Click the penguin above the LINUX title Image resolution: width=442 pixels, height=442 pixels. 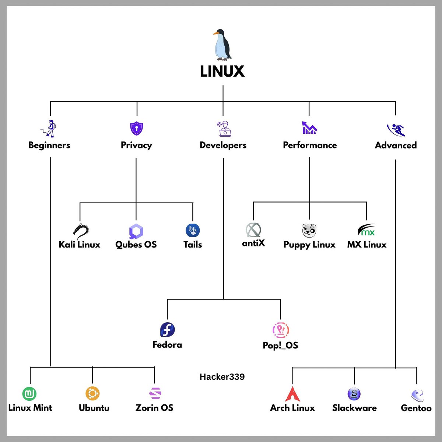pos(222,45)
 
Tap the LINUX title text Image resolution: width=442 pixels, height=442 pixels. pos(222,71)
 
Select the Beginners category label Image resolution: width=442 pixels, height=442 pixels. pos(49,145)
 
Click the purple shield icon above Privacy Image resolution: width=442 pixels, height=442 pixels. pos(137,129)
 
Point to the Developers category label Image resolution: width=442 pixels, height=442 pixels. pos(223,145)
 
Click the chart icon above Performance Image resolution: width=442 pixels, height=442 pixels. pos(309,128)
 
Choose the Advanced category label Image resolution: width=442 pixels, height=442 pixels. pos(396,145)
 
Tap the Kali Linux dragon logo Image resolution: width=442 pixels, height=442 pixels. pos(81,230)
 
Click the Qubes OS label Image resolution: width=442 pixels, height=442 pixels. pos(136,245)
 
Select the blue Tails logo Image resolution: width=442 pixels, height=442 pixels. pos(193,231)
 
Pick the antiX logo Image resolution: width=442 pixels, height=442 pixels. pos(253,230)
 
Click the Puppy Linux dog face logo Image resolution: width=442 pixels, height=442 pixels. pos(309,231)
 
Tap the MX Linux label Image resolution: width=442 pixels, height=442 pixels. pos(366,245)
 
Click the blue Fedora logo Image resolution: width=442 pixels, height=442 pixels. pos(167,330)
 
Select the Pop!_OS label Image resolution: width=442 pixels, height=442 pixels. pos(280,345)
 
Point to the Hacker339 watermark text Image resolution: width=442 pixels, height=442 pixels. pos(222,377)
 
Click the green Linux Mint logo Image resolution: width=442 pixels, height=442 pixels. pos(29,394)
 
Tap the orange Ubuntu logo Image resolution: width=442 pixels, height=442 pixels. pos(92,393)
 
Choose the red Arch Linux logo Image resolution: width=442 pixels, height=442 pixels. pos(292,394)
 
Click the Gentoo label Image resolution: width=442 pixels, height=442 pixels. pos(416,408)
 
